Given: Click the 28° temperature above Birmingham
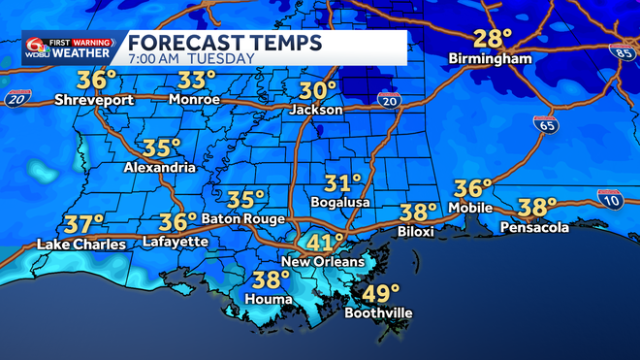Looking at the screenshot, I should (493, 40).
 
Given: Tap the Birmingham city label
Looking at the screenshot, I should (492, 59).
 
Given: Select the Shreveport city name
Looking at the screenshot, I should (92, 99).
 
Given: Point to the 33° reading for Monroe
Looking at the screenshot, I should (197, 80).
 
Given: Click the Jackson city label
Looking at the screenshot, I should (316, 110).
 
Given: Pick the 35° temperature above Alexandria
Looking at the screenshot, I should (162, 147).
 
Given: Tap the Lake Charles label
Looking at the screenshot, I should (80, 244).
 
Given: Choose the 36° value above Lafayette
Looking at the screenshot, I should (177, 222).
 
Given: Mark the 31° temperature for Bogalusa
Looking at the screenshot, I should (342, 182).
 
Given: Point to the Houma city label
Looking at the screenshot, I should (269, 299).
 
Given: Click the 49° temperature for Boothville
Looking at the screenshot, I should (379, 293).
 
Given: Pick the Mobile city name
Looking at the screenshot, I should (472, 208).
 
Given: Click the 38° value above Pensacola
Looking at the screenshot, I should (536, 207).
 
